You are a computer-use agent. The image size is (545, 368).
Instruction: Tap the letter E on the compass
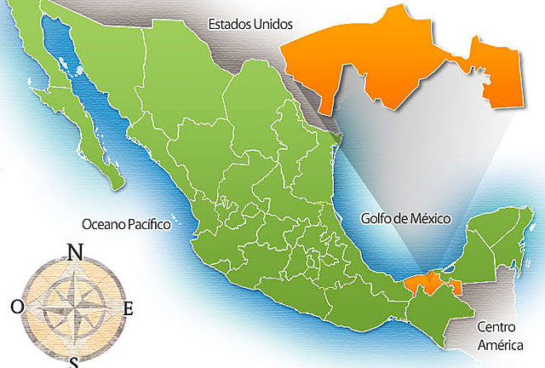coord(129,309)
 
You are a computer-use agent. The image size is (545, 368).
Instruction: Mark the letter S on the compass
coord(73,363)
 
